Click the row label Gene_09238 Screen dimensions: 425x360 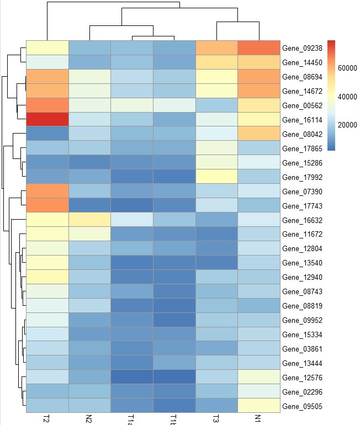click(x=301, y=48)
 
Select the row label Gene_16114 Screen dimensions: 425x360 click(x=301, y=119)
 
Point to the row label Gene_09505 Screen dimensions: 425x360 click(x=301, y=406)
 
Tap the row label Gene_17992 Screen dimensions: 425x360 click(x=301, y=177)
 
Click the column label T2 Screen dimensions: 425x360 click(x=47, y=418)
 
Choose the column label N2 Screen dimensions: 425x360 click(x=89, y=418)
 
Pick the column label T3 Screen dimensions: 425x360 click(x=217, y=418)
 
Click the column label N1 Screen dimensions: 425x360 click(x=260, y=418)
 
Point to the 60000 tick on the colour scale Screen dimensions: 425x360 click(x=346, y=67)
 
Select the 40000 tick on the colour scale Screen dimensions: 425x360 click(x=346, y=96)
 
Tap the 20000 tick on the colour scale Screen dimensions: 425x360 click(x=346, y=125)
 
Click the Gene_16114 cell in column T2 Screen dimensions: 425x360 click(x=47, y=119)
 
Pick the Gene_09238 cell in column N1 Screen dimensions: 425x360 click(x=260, y=48)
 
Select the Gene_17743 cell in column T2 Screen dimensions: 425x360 click(x=47, y=205)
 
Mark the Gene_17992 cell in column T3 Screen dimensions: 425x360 click(x=217, y=177)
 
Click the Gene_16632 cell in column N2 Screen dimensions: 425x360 click(x=89, y=220)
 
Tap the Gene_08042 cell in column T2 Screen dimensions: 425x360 click(x=47, y=134)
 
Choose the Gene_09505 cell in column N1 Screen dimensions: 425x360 click(x=260, y=406)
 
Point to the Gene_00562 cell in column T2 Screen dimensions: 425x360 click(x=47, y=105)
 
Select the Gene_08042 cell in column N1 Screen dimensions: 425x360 click(x=260, y=134)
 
